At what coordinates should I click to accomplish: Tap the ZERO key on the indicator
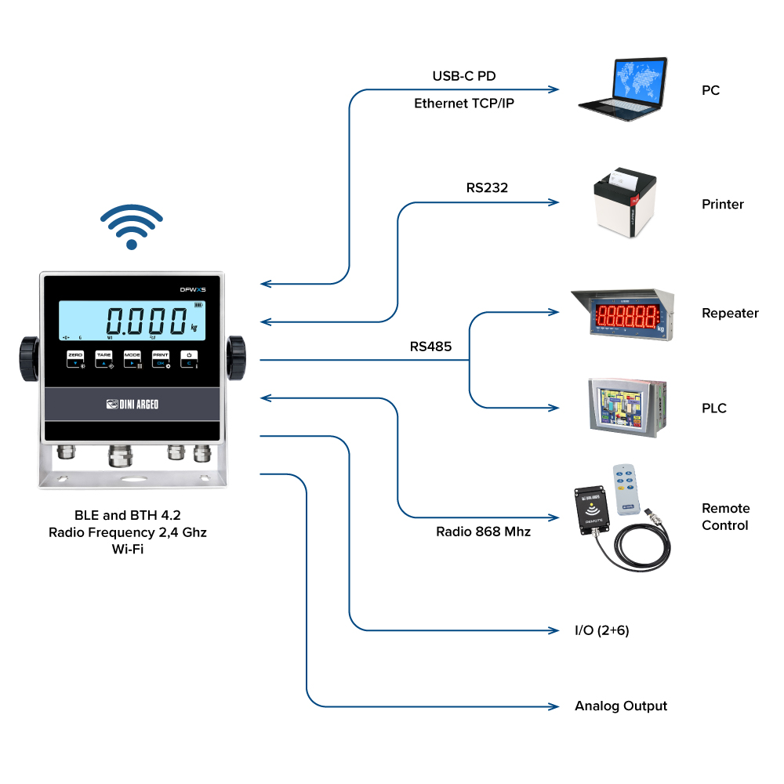click(x=75, y=359)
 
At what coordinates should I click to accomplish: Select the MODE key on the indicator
click(x=132, y=359)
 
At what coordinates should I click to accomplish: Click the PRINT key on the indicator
click(x=160, y=359)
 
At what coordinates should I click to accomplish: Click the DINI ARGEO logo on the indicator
click(x=132, y=405)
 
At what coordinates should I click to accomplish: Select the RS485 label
click(x=430, y=346)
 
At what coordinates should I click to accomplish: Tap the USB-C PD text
click(x=464, y=76)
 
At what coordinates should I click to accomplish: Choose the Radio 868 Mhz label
click(x=483, y=532)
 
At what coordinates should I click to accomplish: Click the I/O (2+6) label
click(x=601, y=630)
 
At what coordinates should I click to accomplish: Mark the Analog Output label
click(x=620, y=706)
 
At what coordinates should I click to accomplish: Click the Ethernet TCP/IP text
click(x=464, y=103)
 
